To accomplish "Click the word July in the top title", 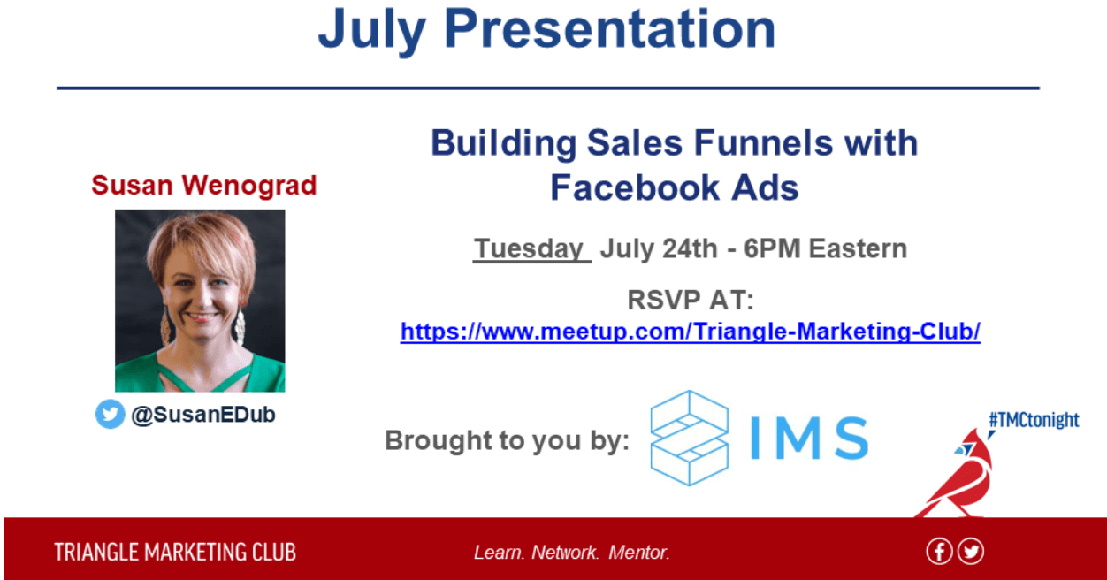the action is click(x=372, y=32).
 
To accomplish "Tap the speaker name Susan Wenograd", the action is click(x=203, y=186).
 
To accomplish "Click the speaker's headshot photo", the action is click(x=200, y=301).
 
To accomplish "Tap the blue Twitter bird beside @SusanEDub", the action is click(x=110, y=414).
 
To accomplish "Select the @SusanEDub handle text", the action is click(x=203, y=415).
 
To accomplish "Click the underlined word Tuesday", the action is click(x=530, y=248).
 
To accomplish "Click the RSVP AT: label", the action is click(x=691, y=300).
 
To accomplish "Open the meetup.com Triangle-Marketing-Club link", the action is click(x=691, y=332).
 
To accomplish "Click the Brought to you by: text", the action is click(x=507, y=440).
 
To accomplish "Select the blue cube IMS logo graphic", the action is click(x=690, y=439).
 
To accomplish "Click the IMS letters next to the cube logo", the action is click(x=809, y=439).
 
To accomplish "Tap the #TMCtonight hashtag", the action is click(x=1034, y=420).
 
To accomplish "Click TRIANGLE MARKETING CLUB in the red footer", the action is click(x=175, y=553).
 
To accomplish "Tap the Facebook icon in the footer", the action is click(x=939, y=552).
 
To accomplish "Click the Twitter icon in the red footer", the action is click(x=971, y=552).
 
